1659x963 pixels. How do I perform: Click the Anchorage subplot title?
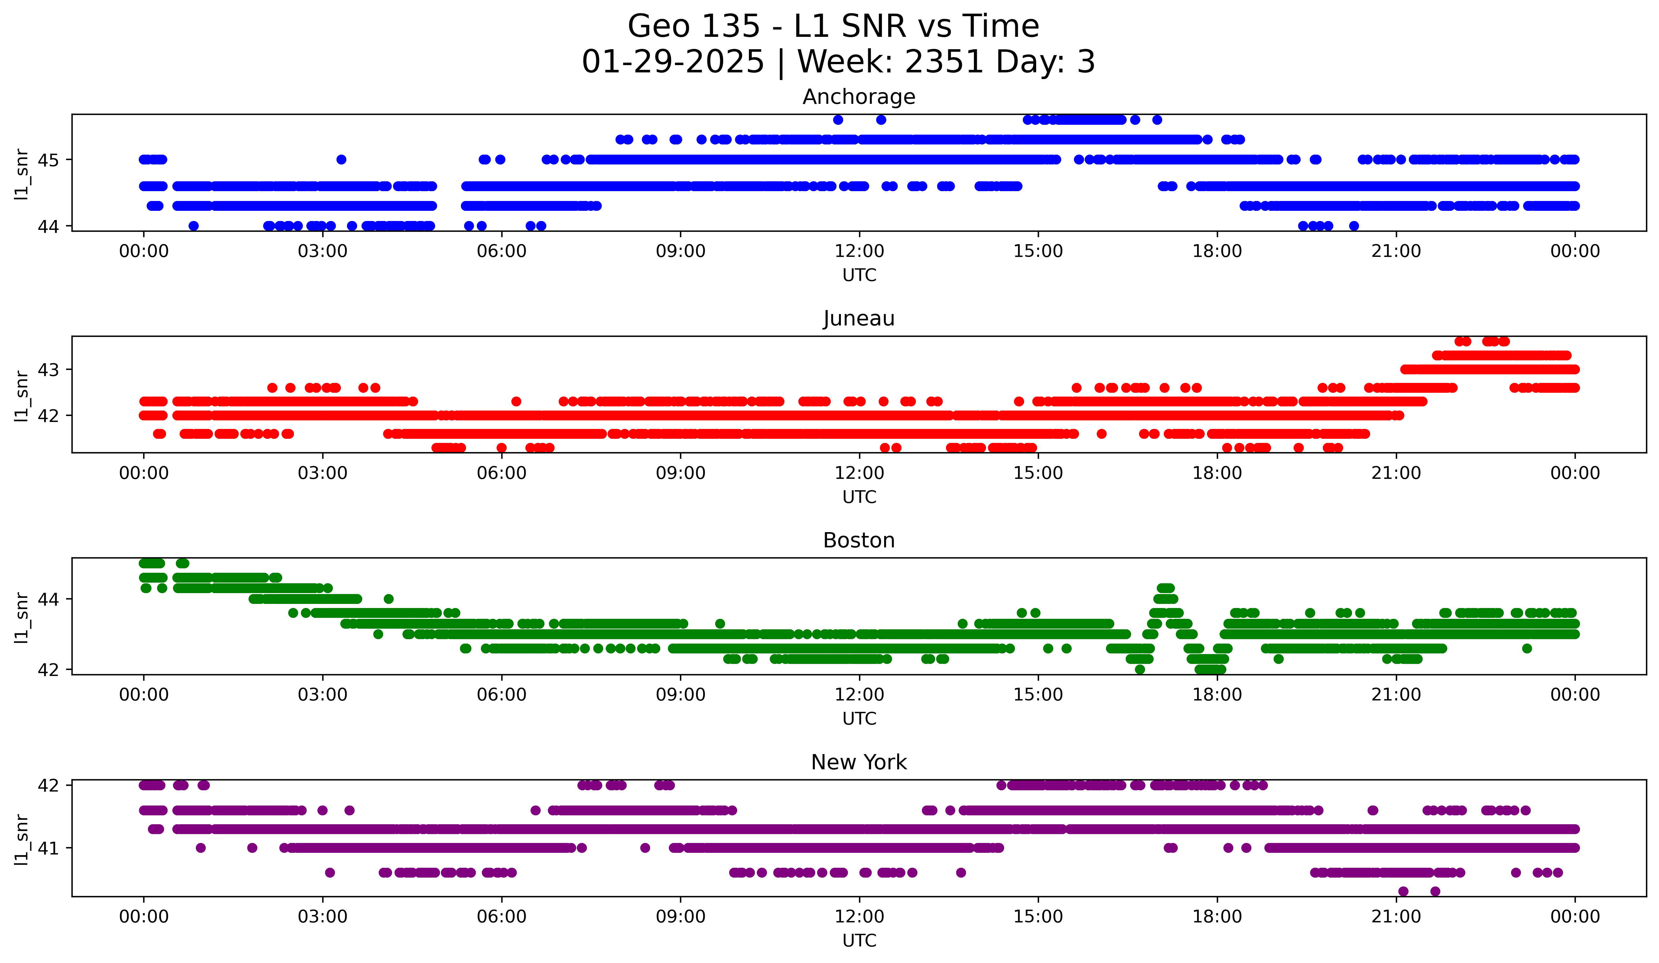858,97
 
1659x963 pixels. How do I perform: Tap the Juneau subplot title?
858,318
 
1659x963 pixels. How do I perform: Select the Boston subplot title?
858,540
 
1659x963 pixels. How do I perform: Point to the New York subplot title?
858,762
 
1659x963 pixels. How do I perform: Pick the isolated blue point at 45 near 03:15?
341,159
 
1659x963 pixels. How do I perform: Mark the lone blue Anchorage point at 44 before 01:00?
194,226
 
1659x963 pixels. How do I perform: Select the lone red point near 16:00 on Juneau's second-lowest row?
1101,434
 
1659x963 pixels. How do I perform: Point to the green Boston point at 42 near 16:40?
1140,669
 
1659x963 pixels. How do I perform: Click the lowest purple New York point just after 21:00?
1403,891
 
